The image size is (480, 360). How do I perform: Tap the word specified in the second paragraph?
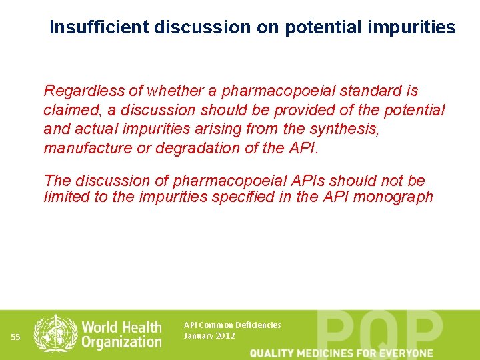262,197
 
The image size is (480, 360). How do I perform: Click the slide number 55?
17,337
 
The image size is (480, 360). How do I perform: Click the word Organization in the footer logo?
121,342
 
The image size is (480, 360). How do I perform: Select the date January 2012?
209,336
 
